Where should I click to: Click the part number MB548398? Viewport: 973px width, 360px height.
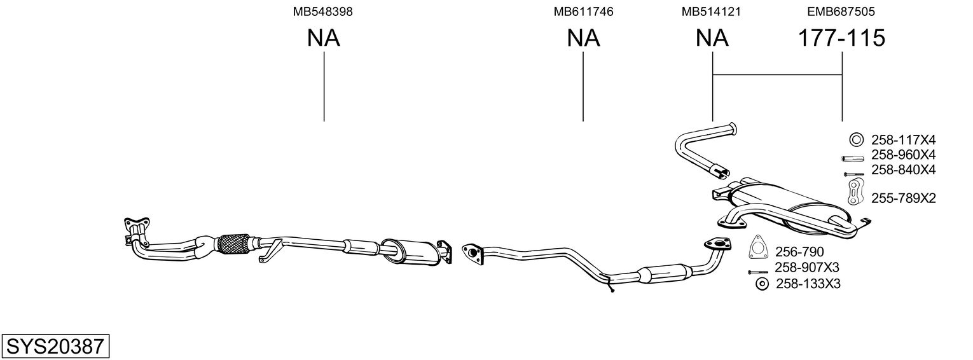point(322,11)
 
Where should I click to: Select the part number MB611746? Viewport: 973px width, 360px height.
point(583,11)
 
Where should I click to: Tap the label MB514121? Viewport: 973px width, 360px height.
point(711,11)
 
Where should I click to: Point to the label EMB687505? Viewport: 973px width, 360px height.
point(841,11)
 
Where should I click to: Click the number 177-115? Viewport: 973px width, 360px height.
point(841,38)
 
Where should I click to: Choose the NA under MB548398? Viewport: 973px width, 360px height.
point(324,38)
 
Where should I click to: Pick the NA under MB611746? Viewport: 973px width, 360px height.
point(583,38)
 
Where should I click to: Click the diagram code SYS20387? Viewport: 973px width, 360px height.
point(55,347)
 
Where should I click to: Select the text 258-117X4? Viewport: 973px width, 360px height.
point(904,141)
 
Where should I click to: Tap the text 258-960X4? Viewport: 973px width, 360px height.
point(904,155)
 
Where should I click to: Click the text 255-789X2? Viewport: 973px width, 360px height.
point(904,198)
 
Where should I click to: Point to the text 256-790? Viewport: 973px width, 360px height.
point(799,252)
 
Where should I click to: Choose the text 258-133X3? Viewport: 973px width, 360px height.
point(808,284)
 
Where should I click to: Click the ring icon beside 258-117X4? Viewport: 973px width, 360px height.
point(857,140)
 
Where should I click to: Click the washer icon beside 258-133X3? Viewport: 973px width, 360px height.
point(762,284)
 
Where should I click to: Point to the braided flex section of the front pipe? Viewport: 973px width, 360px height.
point(232,244)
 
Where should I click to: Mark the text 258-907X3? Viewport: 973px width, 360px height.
point(807,267)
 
